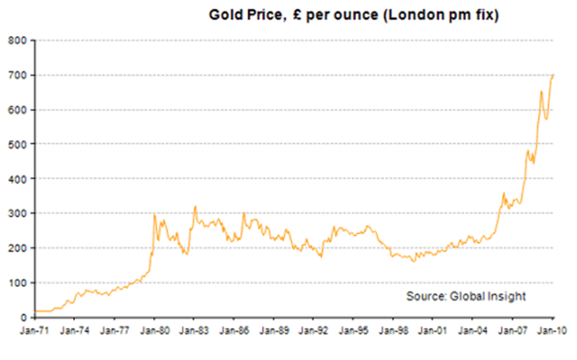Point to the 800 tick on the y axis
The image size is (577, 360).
[x=18, y=40]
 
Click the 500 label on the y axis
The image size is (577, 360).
[x=18, y=144]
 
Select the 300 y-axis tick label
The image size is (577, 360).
[x=18, y=213]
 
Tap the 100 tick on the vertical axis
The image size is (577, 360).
[x=18, y=282]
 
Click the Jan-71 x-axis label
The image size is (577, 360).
[x=34, y=332]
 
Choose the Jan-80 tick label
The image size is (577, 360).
[x=154, y=332]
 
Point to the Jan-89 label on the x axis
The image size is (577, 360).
[x=274, y=332]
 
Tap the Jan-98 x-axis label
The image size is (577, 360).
[x=393, y=332]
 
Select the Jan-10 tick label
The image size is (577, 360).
[x=552, y=332]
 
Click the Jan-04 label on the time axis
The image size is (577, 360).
[x=473, y=332]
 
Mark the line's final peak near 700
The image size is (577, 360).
[x=553, y=75]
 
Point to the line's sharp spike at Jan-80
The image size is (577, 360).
[x=154, y=214]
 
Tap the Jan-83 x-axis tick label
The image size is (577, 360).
[x=193, y=332]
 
